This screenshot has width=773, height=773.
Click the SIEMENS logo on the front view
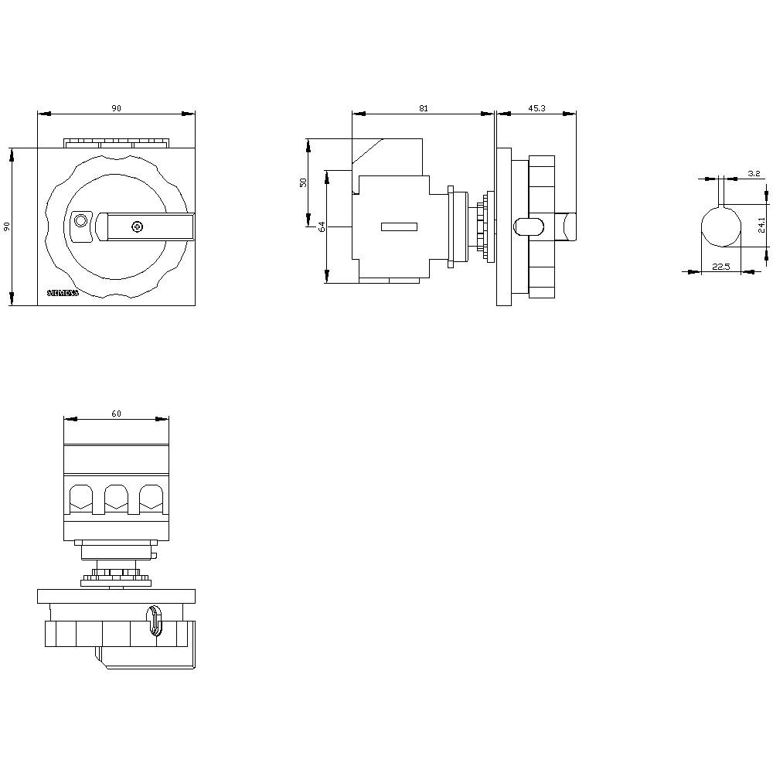point(63,293)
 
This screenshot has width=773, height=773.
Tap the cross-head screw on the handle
point(137,226)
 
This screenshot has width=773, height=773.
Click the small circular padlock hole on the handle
point(80,223)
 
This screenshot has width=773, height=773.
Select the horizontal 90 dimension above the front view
point(116,108)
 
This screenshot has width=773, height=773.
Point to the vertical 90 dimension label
point(7,226)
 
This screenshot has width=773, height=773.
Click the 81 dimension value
point(423,108)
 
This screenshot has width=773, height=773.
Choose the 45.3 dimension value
point(536,108)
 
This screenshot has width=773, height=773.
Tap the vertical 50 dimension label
point(304,182)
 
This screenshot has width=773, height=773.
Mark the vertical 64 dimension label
point(322,226)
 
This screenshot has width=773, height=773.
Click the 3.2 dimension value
point(754,174)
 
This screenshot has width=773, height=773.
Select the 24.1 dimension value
point(761,225)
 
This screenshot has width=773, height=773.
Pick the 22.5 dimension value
point(720,267)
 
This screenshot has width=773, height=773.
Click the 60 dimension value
point(116,414)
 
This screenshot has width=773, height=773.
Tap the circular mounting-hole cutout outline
point(720,226)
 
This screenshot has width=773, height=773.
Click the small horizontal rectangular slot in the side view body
point(399,226)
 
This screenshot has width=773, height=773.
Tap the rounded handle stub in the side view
point(528,226)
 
